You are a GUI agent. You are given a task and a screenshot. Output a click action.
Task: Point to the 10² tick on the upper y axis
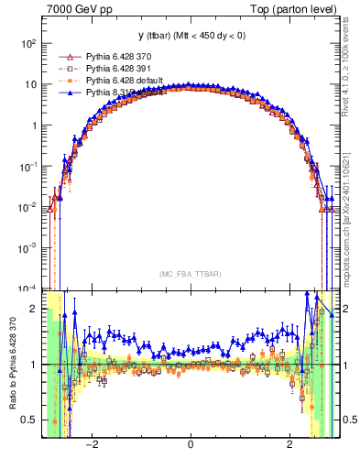(27, 44)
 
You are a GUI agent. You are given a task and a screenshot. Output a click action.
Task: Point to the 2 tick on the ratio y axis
(34, 309)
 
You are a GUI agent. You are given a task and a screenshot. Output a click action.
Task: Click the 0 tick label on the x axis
(190, 445)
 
